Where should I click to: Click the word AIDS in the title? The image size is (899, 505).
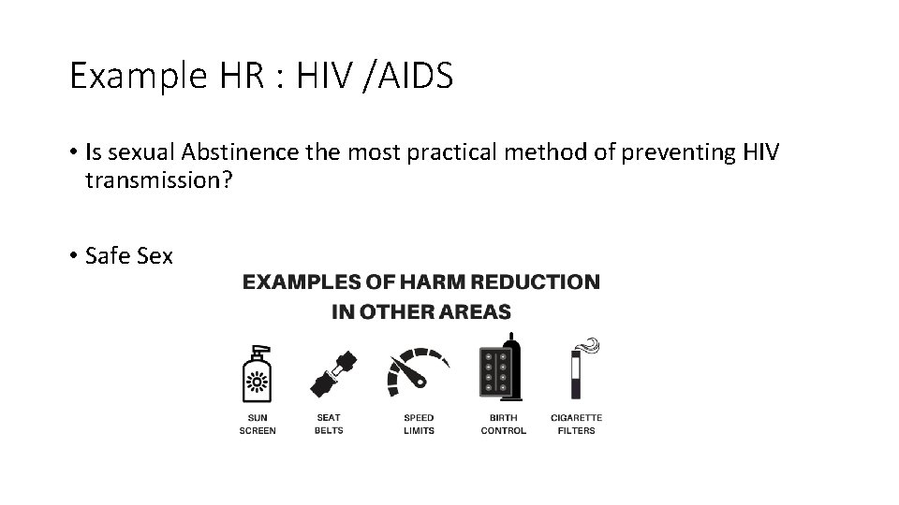pyautogui.click(x=413, y=76)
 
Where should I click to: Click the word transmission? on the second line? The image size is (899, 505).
pyautogui.click(x=153, y=180)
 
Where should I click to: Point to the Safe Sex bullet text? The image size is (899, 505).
pyautogui.click(x=128, y=255)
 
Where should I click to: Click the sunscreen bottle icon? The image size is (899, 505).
pyautogui.click(x=257, y=373)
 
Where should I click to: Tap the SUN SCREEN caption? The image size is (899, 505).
pyautogui.click(x=258, y=424)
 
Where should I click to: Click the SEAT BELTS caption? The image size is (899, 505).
pyautogui.click(x=328, y=424)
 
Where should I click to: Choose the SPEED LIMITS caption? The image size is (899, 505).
pyautogui.click(x=419, y=424)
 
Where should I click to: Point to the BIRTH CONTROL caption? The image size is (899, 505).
pyautogui.click(x=503, y=424)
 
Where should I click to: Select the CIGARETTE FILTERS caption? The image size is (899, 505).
pyautogui.click(x=577, y=424)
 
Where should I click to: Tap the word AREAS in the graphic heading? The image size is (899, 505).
pyautogui.click(x=476, y=311)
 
